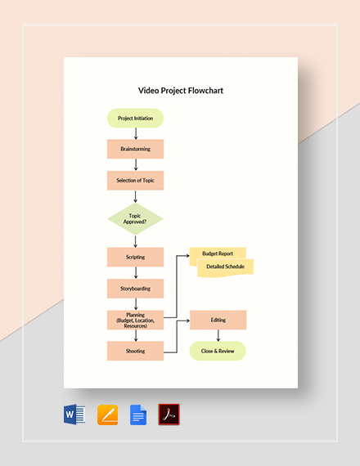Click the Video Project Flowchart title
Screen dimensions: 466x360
[x=180, y=91]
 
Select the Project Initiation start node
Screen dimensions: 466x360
[x=135, y=118]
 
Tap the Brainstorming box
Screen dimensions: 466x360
[x=135, y=149]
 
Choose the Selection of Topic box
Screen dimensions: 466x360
[x=135, y=180]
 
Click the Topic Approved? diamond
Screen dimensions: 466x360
[x=135, y=218]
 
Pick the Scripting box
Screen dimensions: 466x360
[x=135, y=257]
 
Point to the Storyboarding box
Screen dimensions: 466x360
[x=135, y=288]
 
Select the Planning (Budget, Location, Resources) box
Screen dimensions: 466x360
[x=135, y=319]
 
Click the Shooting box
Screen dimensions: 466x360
[x=135, y=351]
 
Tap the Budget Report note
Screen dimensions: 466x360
[x=218, y=254]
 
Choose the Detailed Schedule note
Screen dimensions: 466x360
[x=226, y=267]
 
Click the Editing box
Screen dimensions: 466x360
[x=218, y=320]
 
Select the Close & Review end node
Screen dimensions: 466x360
[x=218, y=351]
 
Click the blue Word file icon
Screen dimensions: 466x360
[x=74, y=414]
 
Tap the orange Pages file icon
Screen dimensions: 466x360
[x=108, y=414]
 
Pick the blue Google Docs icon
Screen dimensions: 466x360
[x=138, y=414]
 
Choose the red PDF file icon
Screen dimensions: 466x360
[x=169, y=414]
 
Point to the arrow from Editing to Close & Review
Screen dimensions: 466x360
[x=218, y=335]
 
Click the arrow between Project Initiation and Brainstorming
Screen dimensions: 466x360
[x=135, y=133]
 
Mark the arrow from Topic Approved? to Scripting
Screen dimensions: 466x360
[x=135, y=241]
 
